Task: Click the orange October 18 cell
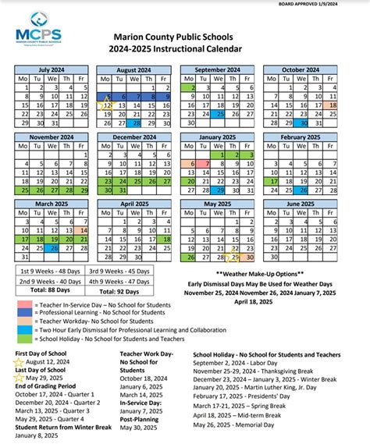pyautogui.click(x=354, y=105)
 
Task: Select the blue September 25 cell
pyautogui.click(x=221, y=113)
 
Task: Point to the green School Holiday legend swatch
pyautogui.click(x=24, y=339)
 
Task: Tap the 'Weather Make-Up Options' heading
pyautogui.click(x=260, y=275)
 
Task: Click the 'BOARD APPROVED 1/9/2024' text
pyautogui.click(x=330, y=5)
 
